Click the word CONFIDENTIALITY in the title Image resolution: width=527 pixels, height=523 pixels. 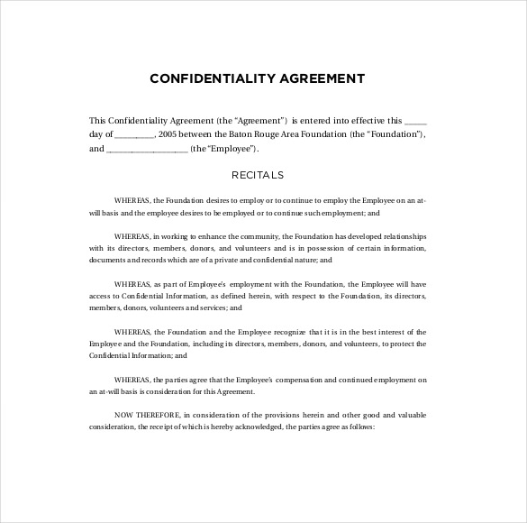coord(203,78)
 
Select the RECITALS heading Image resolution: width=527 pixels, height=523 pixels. coord(258,174)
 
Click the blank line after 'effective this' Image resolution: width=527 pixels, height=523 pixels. coord(417,119)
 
